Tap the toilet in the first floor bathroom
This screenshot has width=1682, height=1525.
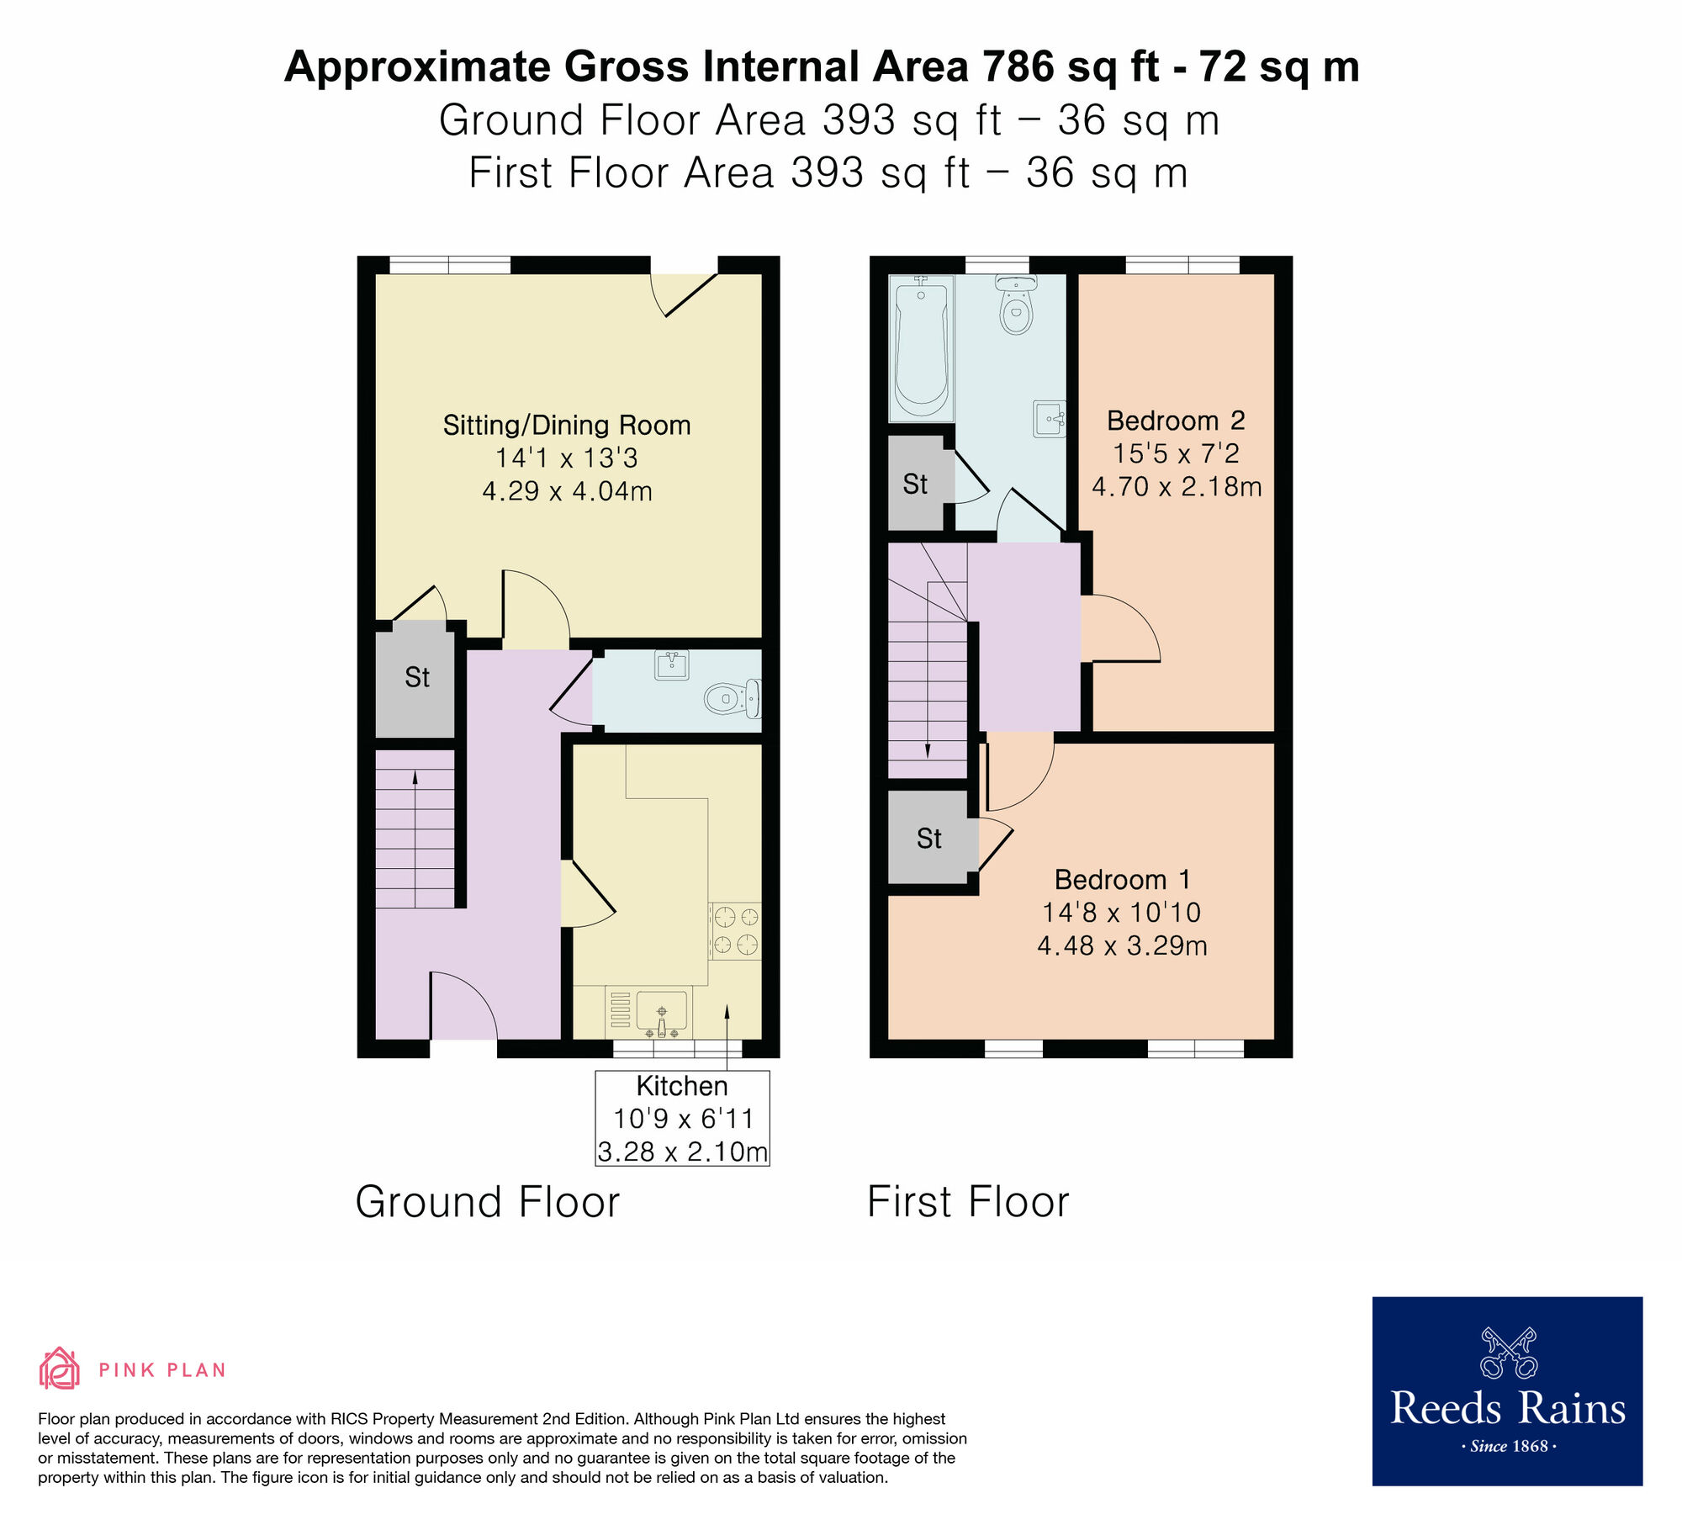[x=1016, y=306]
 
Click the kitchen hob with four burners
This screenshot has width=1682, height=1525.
[x=736, y=930]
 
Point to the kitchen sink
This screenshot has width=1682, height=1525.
[x=662, y=1010]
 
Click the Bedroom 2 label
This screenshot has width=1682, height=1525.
[x=1175, y=420]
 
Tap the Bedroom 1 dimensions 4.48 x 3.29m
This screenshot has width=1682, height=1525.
[x=1122, y=945]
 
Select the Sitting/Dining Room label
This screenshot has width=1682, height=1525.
[x=567, y=425]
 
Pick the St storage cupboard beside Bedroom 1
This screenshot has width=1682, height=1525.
[x=929, y=838]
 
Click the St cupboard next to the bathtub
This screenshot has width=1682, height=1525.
[x=915, y=484]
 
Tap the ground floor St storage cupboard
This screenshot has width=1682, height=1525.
[x=416, y=677]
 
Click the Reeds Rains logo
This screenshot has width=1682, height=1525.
[x=1507, y=1390]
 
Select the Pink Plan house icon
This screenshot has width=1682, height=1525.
[x=59, y=1369]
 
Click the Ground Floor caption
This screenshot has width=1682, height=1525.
[x=487, y=1201]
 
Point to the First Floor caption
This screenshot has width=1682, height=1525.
[x=967, y=1201]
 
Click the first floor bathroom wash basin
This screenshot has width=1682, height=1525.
[x=1049, y=418]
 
